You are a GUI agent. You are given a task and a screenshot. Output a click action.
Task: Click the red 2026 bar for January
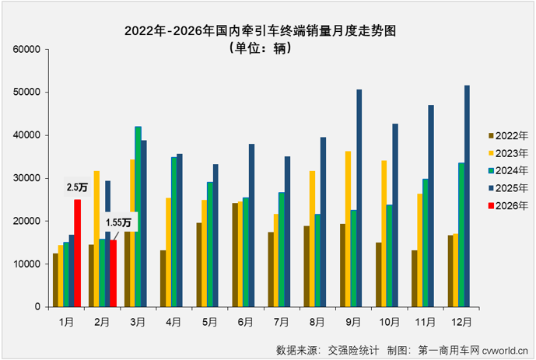coord(78,253)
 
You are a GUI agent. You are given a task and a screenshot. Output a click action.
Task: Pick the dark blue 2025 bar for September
coord(359,197)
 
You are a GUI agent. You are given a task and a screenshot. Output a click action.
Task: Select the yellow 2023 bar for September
coord(349,229)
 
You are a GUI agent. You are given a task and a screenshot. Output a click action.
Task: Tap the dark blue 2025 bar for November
coord(431,205)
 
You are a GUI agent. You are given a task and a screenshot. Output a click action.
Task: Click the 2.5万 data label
coord(77,187)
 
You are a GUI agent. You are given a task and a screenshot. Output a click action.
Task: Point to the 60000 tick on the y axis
coord(27,49)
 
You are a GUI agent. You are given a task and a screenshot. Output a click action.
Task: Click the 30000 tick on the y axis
coord(27,178)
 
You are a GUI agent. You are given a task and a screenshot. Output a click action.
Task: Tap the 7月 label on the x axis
coord(280,319)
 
